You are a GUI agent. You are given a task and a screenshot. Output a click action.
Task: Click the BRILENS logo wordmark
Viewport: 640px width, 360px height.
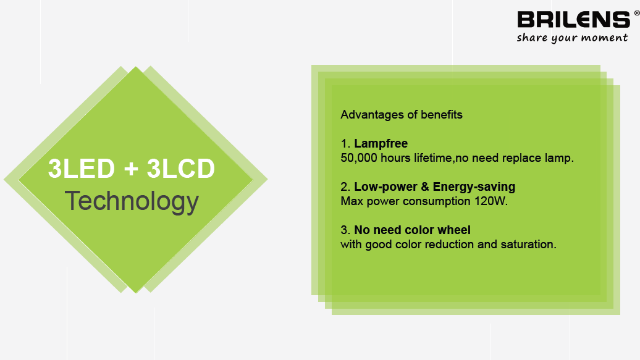tap(574, 20)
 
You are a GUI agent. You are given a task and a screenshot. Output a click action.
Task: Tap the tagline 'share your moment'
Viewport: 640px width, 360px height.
tap(572, 38)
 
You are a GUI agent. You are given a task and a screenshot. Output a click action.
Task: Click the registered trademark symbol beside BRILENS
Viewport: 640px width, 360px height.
tap(636, 13)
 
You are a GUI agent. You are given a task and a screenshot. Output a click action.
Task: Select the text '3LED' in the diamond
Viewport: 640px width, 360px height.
tap(81, 168)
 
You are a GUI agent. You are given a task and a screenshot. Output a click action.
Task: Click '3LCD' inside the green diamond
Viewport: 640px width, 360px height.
tap(181, 168)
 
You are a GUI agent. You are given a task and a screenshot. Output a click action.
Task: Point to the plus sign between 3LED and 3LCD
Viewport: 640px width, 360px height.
tap(131, 169)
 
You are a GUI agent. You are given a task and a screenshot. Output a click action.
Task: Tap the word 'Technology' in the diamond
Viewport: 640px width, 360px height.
tap(132, 202)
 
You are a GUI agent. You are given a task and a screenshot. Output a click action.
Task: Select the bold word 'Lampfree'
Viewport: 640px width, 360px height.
tap(381, 144)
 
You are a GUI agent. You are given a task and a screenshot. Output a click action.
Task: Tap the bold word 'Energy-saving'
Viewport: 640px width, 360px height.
tap(474, 187)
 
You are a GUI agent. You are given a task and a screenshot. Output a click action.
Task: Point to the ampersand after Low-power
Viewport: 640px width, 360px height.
tap(425, 187)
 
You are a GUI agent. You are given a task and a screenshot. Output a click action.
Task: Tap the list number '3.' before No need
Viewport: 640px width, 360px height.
tap(345, 230)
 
